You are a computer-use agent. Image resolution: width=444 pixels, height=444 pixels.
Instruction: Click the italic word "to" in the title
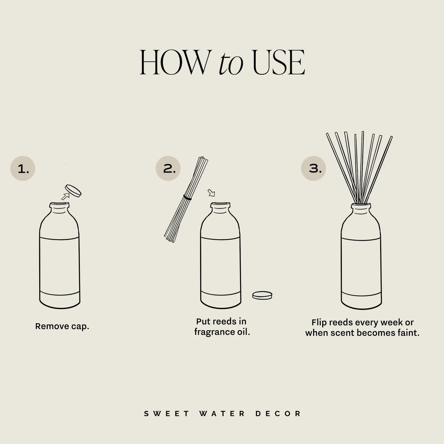(231, 64)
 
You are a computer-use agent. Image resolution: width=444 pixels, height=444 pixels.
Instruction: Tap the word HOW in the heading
(173, 63)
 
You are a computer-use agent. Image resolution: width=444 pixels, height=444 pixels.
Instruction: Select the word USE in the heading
(279, 63)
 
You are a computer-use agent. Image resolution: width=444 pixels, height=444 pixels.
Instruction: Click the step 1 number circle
(23, 169)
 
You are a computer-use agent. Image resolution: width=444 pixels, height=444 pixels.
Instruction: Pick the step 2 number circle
(168, 168)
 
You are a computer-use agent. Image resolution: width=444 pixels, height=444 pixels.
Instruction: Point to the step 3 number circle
(313, 168)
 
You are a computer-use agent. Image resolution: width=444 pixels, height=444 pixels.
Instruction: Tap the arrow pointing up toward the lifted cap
(66, 196)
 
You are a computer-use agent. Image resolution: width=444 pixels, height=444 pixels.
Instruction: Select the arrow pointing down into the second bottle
(211, 193)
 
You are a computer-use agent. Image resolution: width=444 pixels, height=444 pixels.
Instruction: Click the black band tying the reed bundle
(187, 198)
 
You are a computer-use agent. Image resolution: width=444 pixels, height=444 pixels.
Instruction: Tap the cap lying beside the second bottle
(262, 295)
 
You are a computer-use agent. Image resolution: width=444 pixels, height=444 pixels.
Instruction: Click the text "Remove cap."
(62, 326)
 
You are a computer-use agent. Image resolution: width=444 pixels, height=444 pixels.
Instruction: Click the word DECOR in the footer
(278, 414)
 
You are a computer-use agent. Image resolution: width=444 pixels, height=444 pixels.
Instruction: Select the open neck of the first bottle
(59, 204)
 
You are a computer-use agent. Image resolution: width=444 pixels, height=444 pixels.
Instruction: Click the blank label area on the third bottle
(361, 266)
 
